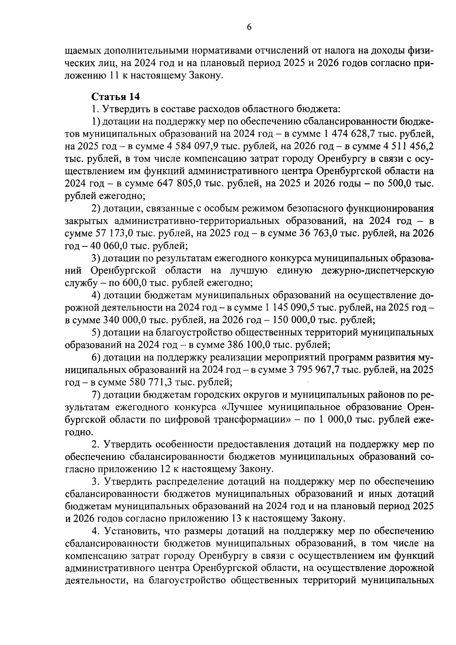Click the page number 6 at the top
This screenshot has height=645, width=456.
click(x=249, y=27)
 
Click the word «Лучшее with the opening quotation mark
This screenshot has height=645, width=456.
click(x=243, y=407)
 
